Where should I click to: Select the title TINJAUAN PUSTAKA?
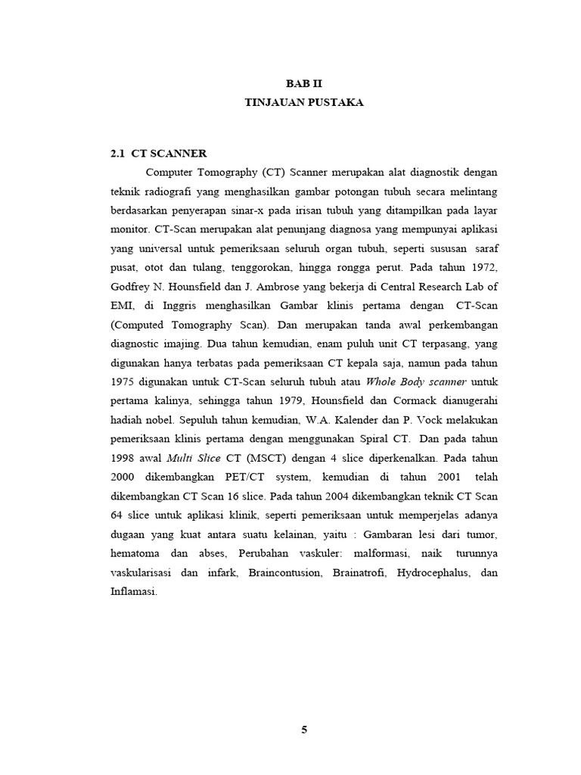pos(305,103)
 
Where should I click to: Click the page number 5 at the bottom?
pos(305,730)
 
